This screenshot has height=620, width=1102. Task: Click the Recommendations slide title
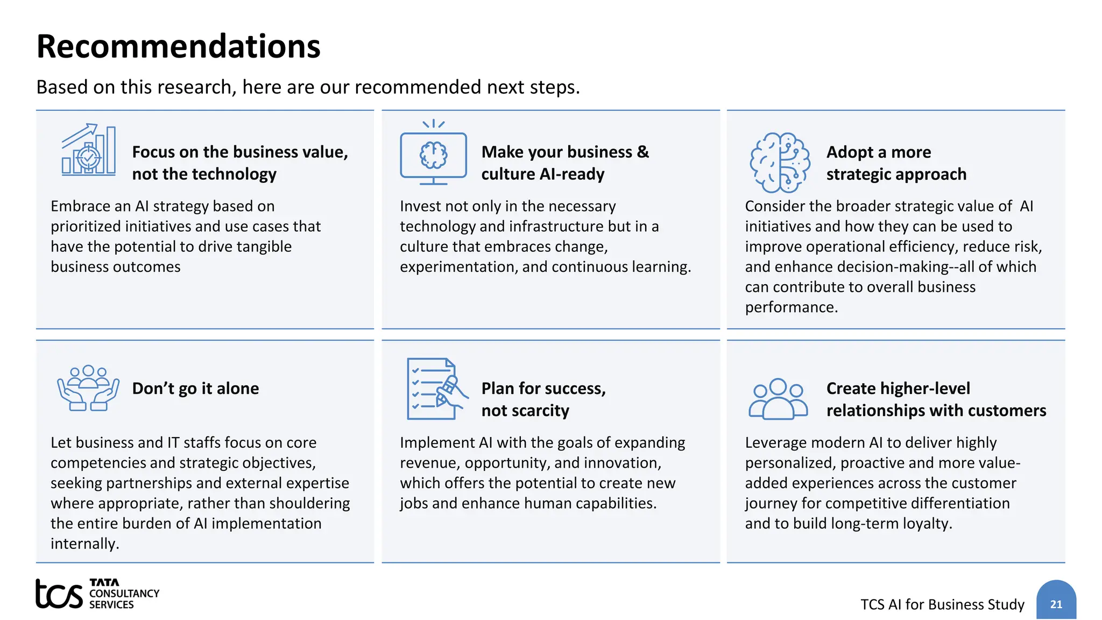click(x=178, y=46)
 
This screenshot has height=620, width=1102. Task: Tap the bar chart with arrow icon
click(x=89, y=150)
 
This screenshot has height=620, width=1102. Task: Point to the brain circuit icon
click(x=780, y=162)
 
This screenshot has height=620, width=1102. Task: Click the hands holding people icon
click(x=88, y=388)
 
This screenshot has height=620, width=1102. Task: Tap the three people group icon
click(x=778, y=399)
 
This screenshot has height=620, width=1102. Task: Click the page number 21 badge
click(x=1056, y=603)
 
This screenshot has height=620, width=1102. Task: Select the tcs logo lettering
click(x=59, y=594)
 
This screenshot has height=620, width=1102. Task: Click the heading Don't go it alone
click(x=195, y=389)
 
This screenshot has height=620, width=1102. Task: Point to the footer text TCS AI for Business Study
click(x=942, y=604)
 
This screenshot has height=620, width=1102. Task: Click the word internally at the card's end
click(x=84, y=544)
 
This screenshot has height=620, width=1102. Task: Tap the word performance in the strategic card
click(x=791, y=307)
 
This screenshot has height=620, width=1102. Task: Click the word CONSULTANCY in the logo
click(x=124, y=593)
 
